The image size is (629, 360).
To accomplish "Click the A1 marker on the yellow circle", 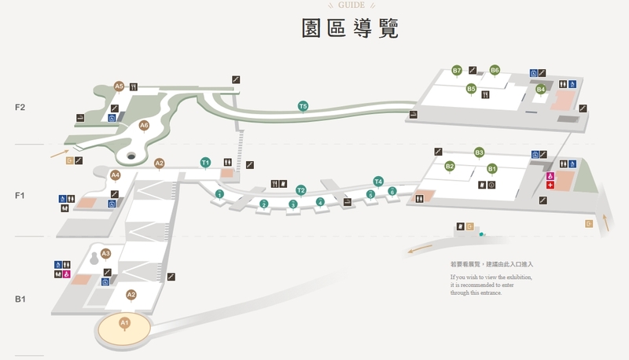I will [x=124, y=323].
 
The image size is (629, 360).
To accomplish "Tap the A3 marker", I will [x=106, y=253].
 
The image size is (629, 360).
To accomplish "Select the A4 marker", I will [x=116, y=175].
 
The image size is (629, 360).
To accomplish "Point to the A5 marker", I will [x=119, y=86].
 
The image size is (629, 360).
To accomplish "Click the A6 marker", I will [x=144, y=125].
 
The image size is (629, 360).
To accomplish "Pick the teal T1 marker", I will [x=205, y=163].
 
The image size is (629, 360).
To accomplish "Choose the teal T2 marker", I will [x=300, y=190].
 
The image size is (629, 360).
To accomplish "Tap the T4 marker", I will [x=378, y=182].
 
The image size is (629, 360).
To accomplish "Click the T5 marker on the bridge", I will [x=303, y=106].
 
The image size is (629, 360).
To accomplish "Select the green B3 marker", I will [x=479, y=152].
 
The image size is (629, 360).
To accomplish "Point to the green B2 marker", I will [x=450, y=166].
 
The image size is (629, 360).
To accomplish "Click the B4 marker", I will [x=541, y=90].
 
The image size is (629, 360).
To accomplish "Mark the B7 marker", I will [x=457, y=71].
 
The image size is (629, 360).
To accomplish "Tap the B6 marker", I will [x=495, y=70].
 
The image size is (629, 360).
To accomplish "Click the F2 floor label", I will [x=20, y=106].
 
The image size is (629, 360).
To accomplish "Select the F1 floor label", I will [x=20, y=195].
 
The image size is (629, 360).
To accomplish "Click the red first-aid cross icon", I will [x=550, y=185].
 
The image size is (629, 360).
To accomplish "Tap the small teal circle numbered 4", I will [x=320, y=202].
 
